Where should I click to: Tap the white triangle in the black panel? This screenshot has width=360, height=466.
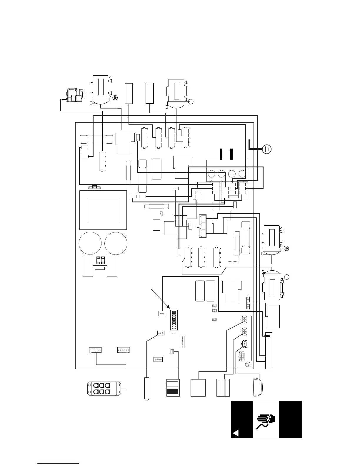pos(235,433)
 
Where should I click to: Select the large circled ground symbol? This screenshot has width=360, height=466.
pos(267,149)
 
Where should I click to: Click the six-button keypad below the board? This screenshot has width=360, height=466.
pos(104,389)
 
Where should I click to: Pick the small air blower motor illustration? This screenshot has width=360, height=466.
pos(74,95)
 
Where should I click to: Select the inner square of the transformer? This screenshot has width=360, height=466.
pos(103,210)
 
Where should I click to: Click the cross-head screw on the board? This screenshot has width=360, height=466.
pos(248,364)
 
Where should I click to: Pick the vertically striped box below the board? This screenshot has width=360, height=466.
pos(223,388)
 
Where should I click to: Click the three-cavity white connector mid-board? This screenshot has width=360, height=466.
pos(203,226)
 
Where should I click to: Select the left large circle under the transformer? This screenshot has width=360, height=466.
pos(90,244)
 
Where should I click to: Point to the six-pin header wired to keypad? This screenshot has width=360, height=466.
pos(95,350)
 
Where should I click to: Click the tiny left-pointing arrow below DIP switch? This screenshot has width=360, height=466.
pos(172,333)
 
